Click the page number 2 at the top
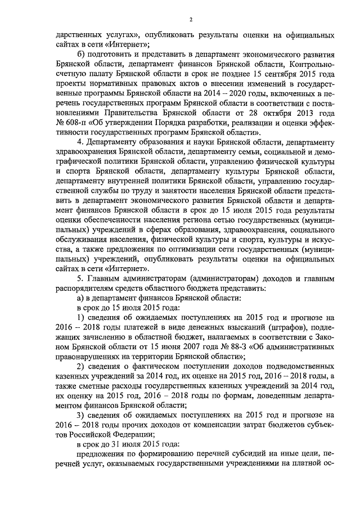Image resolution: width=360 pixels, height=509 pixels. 191,20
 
